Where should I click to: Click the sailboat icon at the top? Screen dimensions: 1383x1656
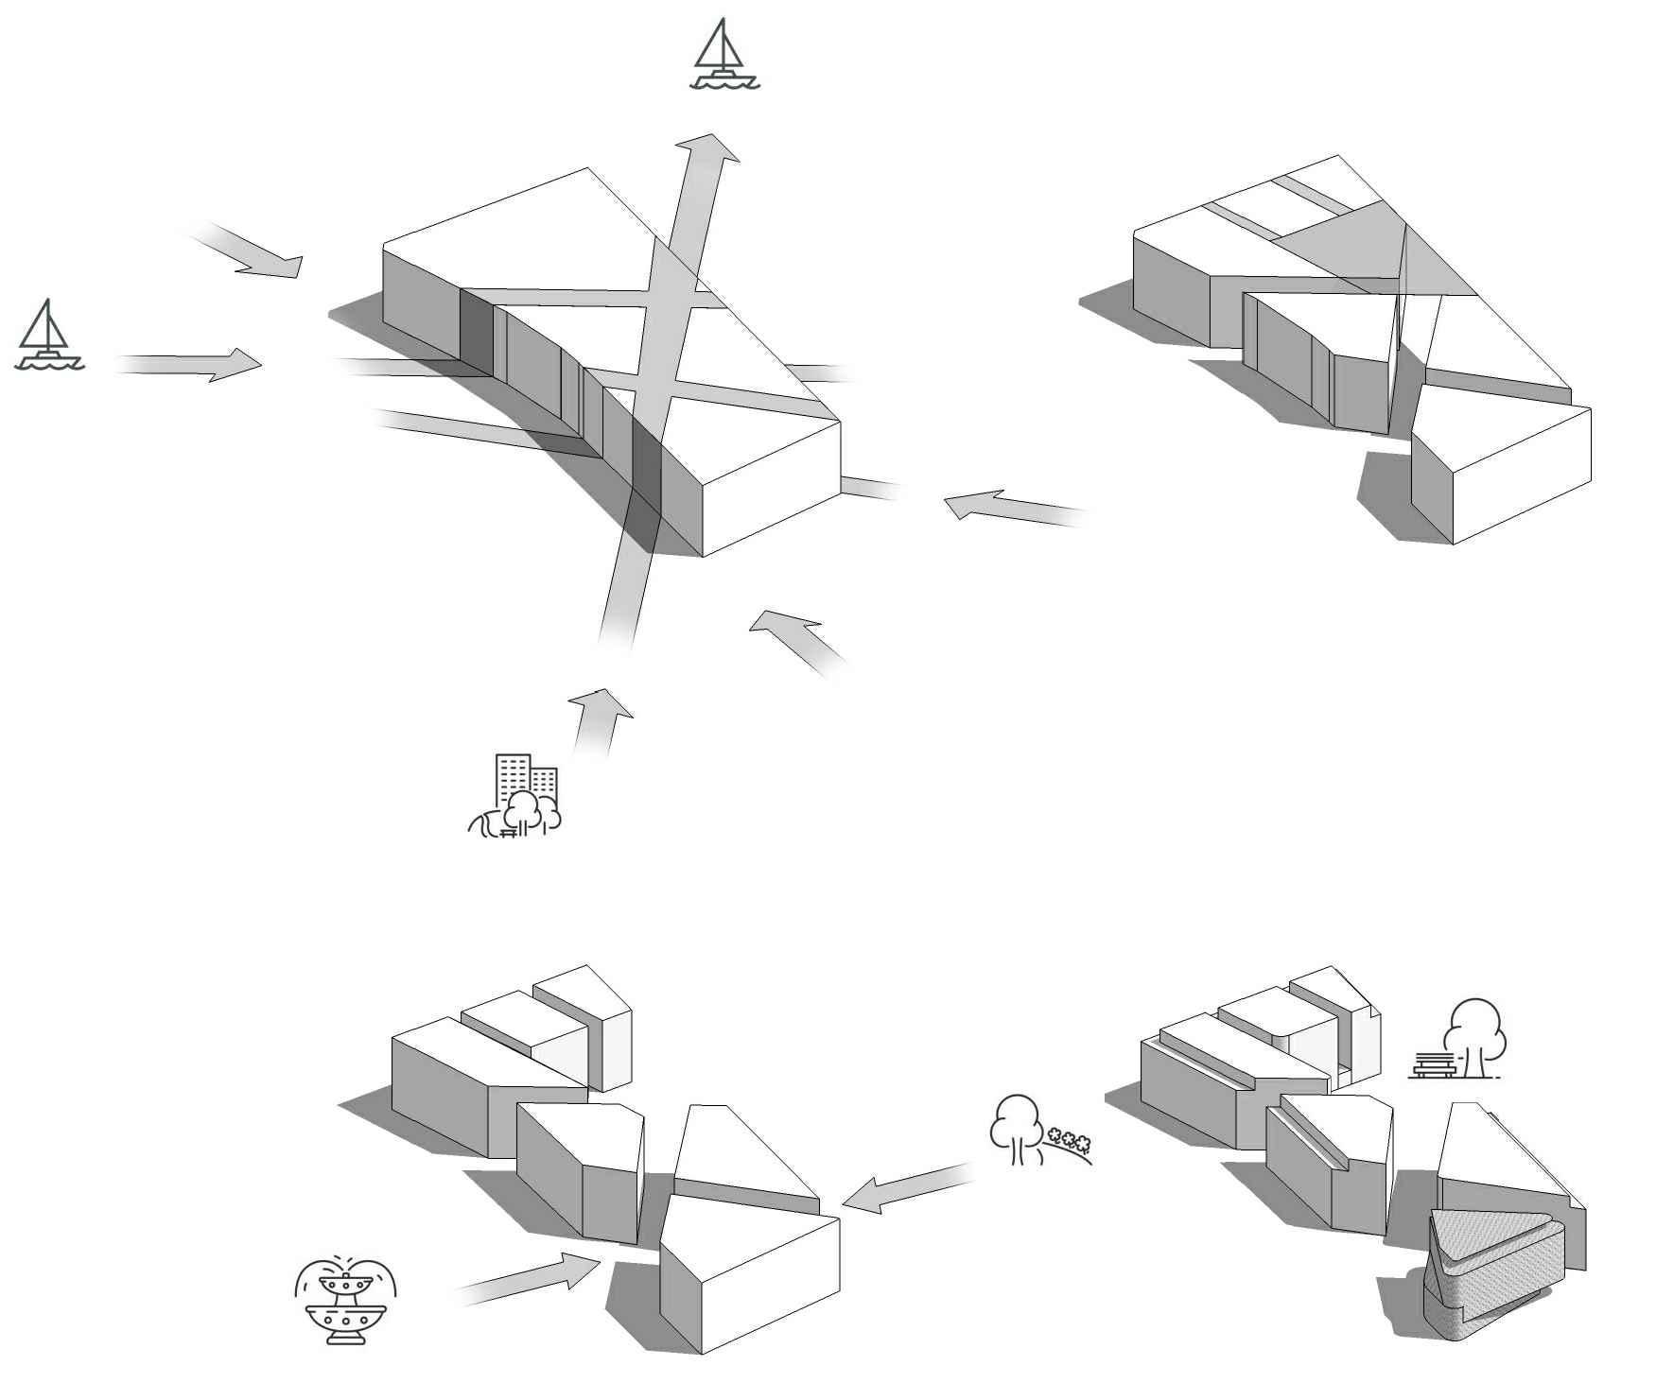724,54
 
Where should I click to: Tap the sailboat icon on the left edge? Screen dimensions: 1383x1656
49,335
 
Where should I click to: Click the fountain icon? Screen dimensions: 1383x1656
345,1300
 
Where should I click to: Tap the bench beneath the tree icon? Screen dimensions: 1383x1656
1433,1067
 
